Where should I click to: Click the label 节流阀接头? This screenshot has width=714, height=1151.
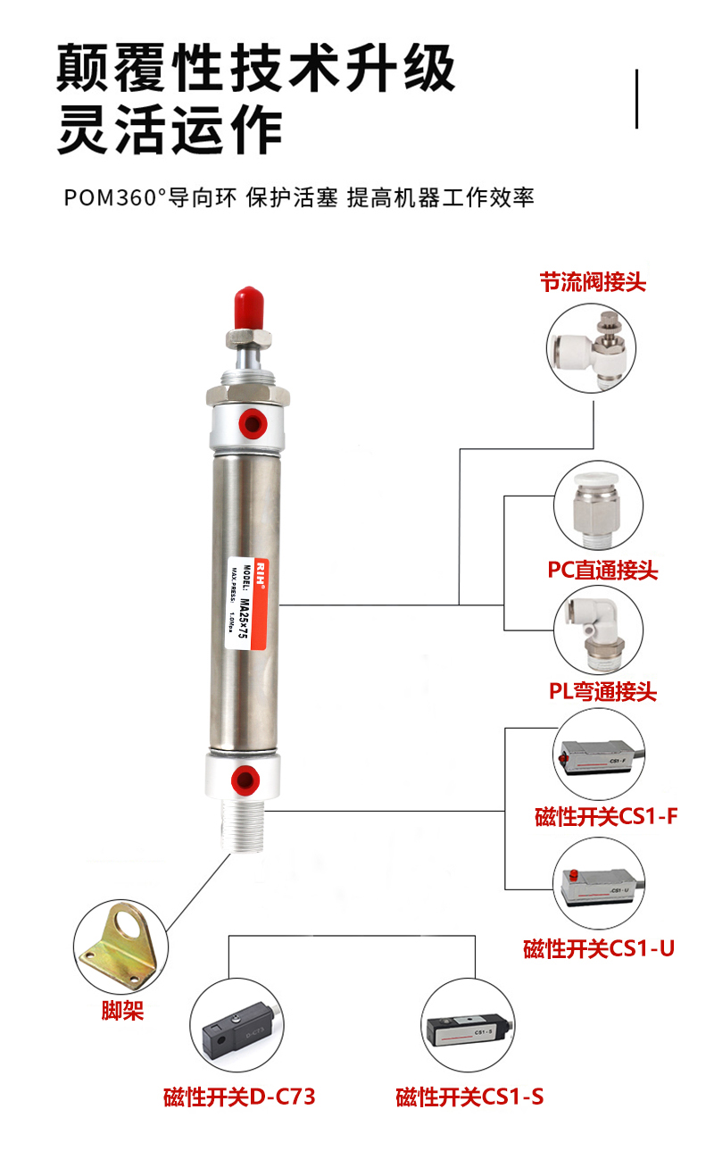(x=593, y=282)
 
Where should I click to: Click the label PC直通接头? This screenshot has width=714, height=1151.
(x=602, y=570)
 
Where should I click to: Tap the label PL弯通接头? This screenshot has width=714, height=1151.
(x=602, y=691)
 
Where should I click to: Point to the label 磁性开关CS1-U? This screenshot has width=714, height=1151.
(x=599, y=948)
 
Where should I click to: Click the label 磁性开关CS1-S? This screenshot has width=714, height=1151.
(x=469, y=1096)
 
